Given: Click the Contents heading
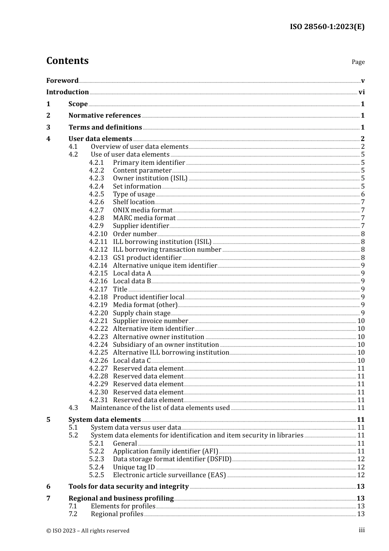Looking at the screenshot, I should [x=67, y=61].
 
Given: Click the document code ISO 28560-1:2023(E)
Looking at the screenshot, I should [x=327, y=27].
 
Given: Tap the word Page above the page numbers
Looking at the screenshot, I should [x=358, y=62].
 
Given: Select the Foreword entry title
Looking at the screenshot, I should [x=62, y=81].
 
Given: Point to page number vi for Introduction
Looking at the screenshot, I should [x=362, y=92].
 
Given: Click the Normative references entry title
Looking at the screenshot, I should [x=104, y=116].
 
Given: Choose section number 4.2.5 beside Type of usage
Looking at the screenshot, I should [x=97, y=194].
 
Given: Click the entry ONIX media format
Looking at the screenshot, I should [x=142, y=210].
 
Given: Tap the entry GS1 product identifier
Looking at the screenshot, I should [x=147, y=257].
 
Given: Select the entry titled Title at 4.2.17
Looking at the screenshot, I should [x=120, y=289].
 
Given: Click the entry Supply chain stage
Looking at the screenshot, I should [x=141, y=313].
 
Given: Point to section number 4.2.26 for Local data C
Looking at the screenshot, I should [x=98, y=360].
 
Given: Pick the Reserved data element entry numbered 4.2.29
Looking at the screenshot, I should [x=148, y=384].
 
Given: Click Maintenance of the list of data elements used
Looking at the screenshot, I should [x=160, y=408].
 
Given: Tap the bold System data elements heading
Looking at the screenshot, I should [x=104, y=420].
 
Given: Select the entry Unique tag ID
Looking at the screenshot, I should [x=134, y=467].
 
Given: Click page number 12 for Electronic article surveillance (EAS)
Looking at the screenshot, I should [x=361, y=475].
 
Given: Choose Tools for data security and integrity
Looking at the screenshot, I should [x=129, y=487].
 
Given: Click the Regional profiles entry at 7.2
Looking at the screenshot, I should [x=117, y=514].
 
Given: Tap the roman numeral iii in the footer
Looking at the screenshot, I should [x=362, y=530].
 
